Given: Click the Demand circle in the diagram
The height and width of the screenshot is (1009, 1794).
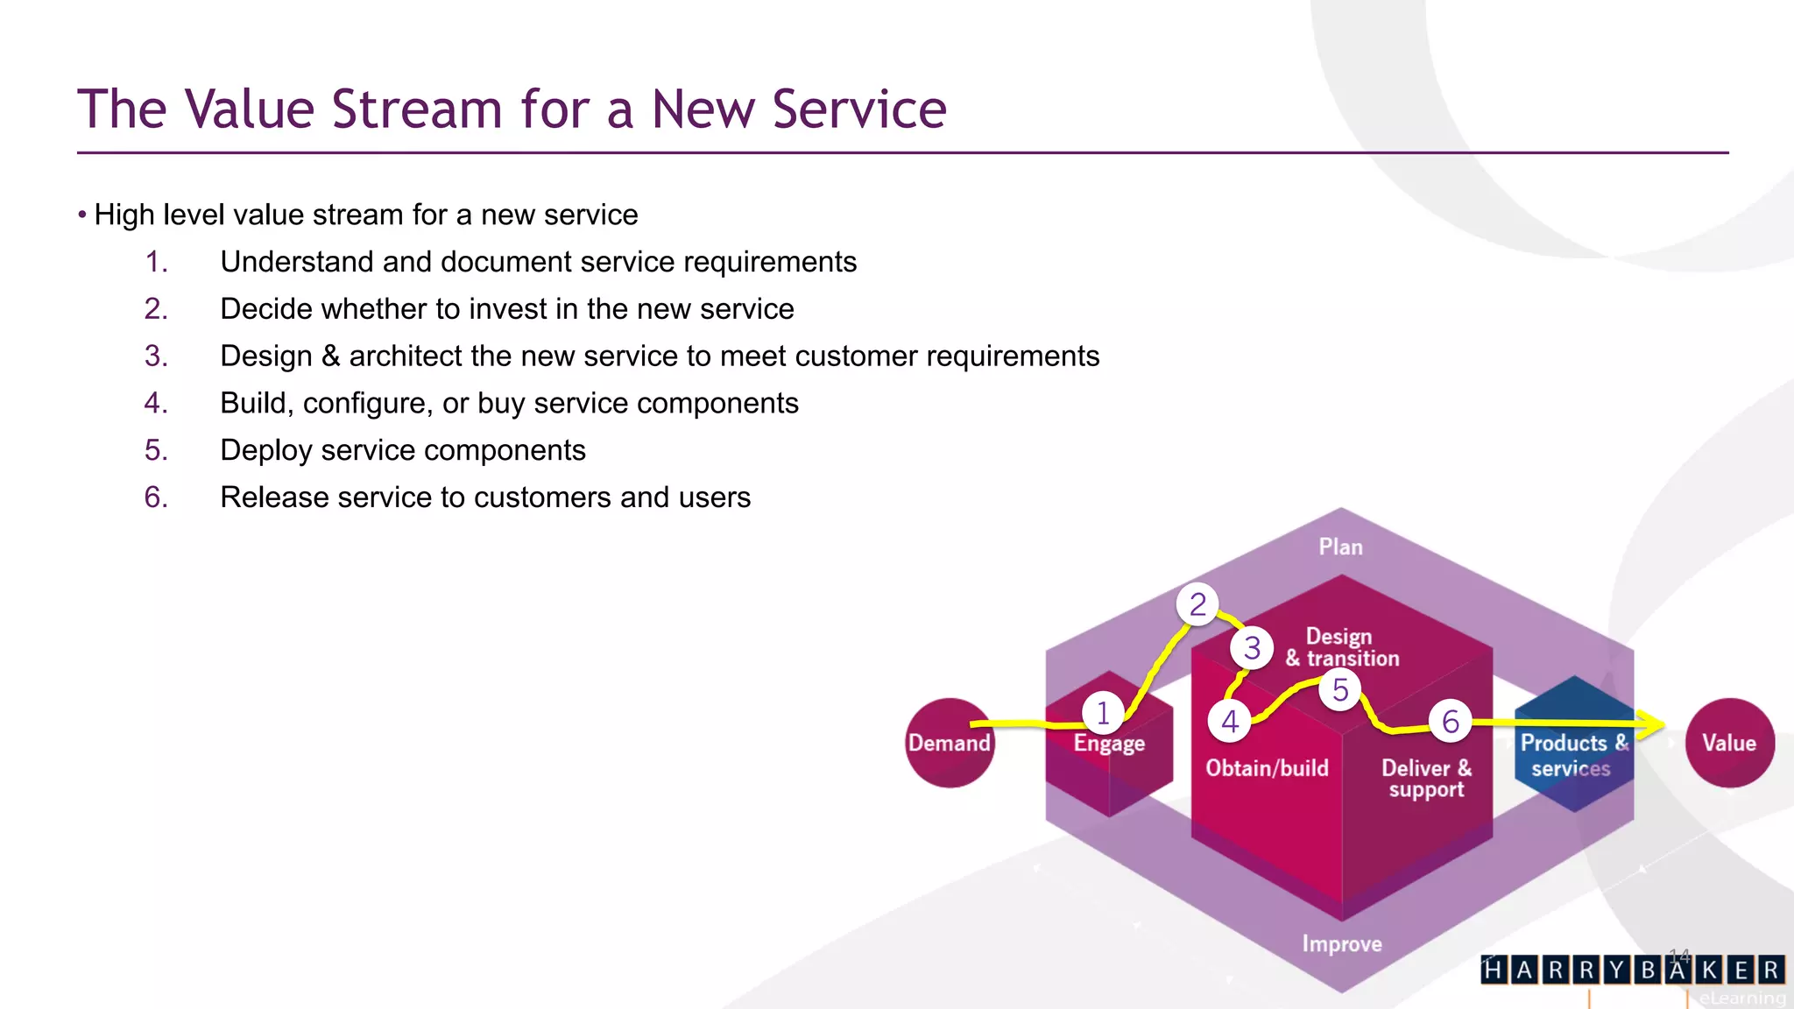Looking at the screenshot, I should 950,743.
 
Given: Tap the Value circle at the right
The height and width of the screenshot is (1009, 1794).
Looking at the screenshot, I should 1729,743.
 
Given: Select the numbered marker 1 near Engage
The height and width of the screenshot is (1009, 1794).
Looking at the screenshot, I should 1103,713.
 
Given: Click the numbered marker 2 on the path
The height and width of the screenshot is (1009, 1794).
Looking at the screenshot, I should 1197,604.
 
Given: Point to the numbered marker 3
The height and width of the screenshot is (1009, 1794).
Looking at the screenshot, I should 1252,648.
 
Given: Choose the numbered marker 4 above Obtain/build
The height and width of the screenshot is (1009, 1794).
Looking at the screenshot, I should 1230,722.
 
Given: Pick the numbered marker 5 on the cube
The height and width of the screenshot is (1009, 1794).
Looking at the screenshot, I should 1340,690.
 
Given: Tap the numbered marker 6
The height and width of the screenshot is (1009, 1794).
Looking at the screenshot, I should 1451,722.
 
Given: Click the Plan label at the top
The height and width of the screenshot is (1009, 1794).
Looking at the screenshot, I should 1340,547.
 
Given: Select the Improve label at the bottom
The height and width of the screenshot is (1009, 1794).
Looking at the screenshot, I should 1341,944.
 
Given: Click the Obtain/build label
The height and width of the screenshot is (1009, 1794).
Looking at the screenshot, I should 1267,768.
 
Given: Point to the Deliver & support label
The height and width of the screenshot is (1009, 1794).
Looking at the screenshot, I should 1426,779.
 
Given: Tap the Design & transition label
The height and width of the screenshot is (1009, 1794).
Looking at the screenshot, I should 1342,648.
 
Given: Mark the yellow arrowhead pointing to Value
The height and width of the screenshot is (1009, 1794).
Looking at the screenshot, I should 1654,723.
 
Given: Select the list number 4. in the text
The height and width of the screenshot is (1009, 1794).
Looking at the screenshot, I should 156,403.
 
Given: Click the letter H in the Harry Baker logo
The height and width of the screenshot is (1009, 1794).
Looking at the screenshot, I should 1494,970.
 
